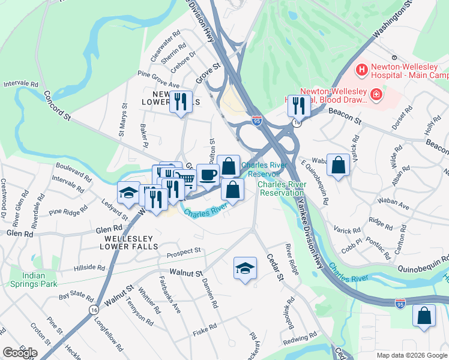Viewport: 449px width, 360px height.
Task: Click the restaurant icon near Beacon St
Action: point(298,106)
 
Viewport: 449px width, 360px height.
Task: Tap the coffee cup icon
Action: point(208,175)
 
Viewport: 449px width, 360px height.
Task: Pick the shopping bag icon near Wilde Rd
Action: point(339,166)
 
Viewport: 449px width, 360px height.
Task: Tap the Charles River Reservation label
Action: point(282,188)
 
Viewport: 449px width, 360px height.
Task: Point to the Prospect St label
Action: point(184,251)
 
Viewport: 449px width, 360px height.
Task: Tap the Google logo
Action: point(20,352)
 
